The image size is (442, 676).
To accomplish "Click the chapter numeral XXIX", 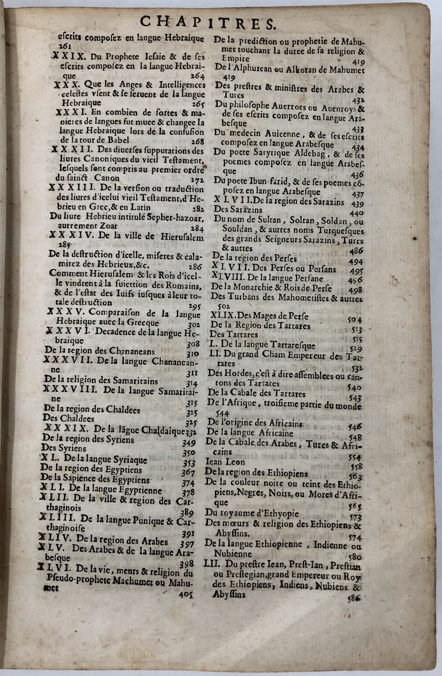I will pos(65,56).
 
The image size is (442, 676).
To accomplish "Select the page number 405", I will pos(186,595).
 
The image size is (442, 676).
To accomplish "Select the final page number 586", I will pos(354,598).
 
